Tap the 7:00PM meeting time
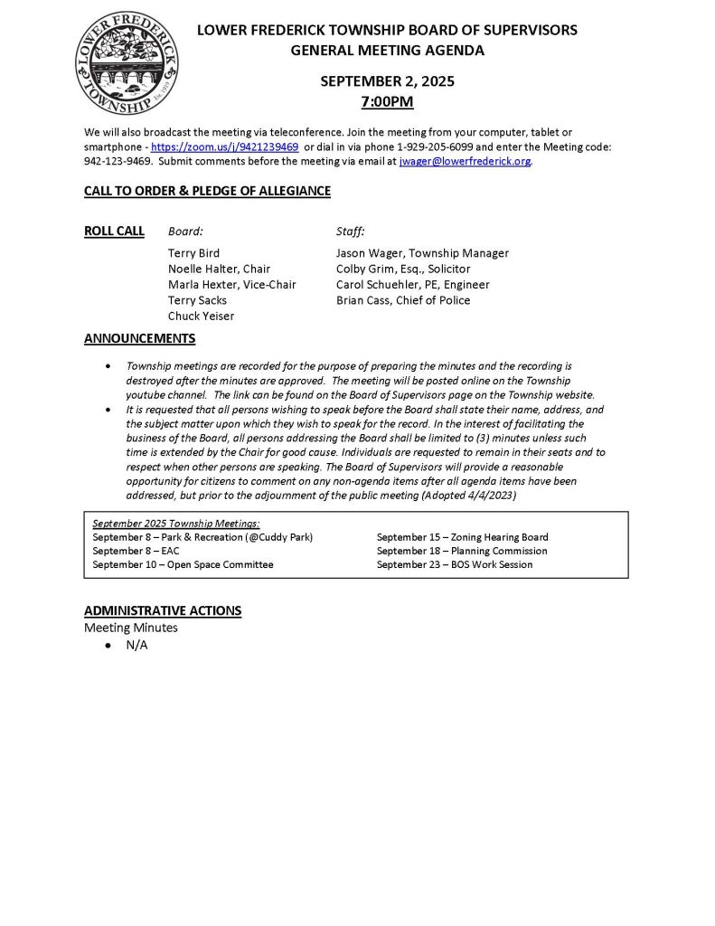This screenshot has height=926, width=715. (x=387, y=101)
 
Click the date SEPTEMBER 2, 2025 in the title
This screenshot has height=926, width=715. (x=387, y=80)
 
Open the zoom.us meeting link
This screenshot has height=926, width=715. (x=224, y=147)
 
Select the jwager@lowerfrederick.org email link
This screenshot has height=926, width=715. (x=465, y=162)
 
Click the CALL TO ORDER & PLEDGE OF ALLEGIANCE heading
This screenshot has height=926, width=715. (x=207, y=191)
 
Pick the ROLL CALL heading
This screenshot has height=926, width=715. (x=114, y=231)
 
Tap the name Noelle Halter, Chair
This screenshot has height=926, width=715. (x=219, y=269)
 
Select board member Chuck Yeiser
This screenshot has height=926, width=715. (x=201, y=316)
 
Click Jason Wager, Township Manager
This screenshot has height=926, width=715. (x=422, y=253)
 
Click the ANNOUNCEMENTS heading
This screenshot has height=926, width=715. (x=139, y=339)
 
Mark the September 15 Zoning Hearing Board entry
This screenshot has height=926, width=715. (x=462, y=537)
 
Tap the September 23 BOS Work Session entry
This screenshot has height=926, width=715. (x=455, y=564)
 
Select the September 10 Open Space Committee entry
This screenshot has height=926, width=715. (x=183, y=564)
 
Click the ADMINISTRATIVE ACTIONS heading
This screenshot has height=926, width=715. (x=163, y=610)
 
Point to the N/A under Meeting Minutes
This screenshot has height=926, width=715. (x=136, y=646)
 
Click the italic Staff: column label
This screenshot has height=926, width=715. (x=350, y=231)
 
